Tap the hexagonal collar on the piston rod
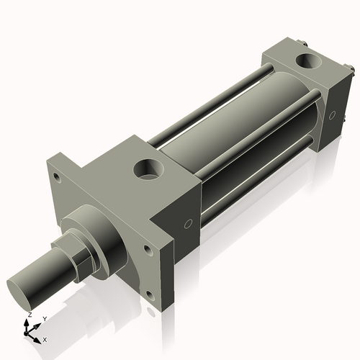[x=85, y=254]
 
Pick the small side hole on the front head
[x=188, y=224]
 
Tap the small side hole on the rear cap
[x=332, y=114]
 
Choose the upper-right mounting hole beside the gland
[x=148, y=249]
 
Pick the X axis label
[x=45, y=338]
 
